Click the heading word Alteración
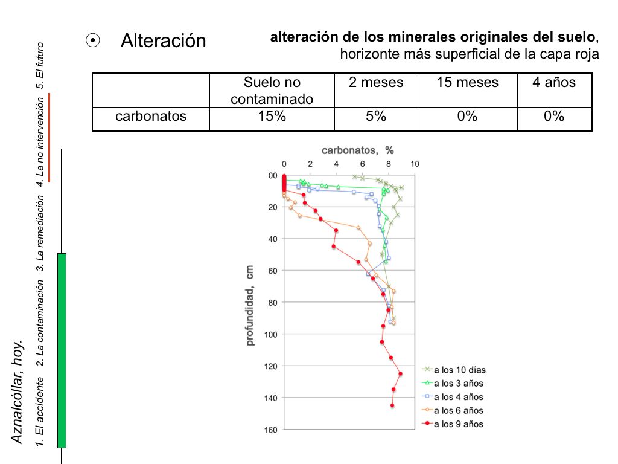[x=163, y=41]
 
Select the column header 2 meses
[x=376, y=83]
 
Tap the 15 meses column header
[x=468, y=83]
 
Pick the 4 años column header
[x=553, y=83]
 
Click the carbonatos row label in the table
[x=151, y=117]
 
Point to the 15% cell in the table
[x=272, y=117]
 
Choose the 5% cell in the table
[x=376, y=117]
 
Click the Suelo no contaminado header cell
[x=272, y=91]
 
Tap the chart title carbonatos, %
[x=357, y=150]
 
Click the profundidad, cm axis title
[x=250, y=305]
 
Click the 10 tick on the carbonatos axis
[x=415, y=163]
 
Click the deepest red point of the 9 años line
[x=392, y=405]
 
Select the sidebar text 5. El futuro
[x=40, y=65]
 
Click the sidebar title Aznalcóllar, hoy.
[x=18, y=391]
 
